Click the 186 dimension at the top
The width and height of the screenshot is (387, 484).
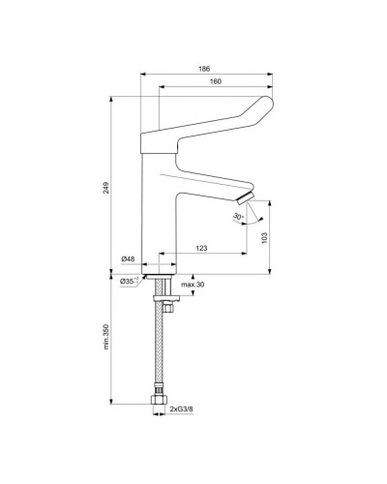[205, 68]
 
